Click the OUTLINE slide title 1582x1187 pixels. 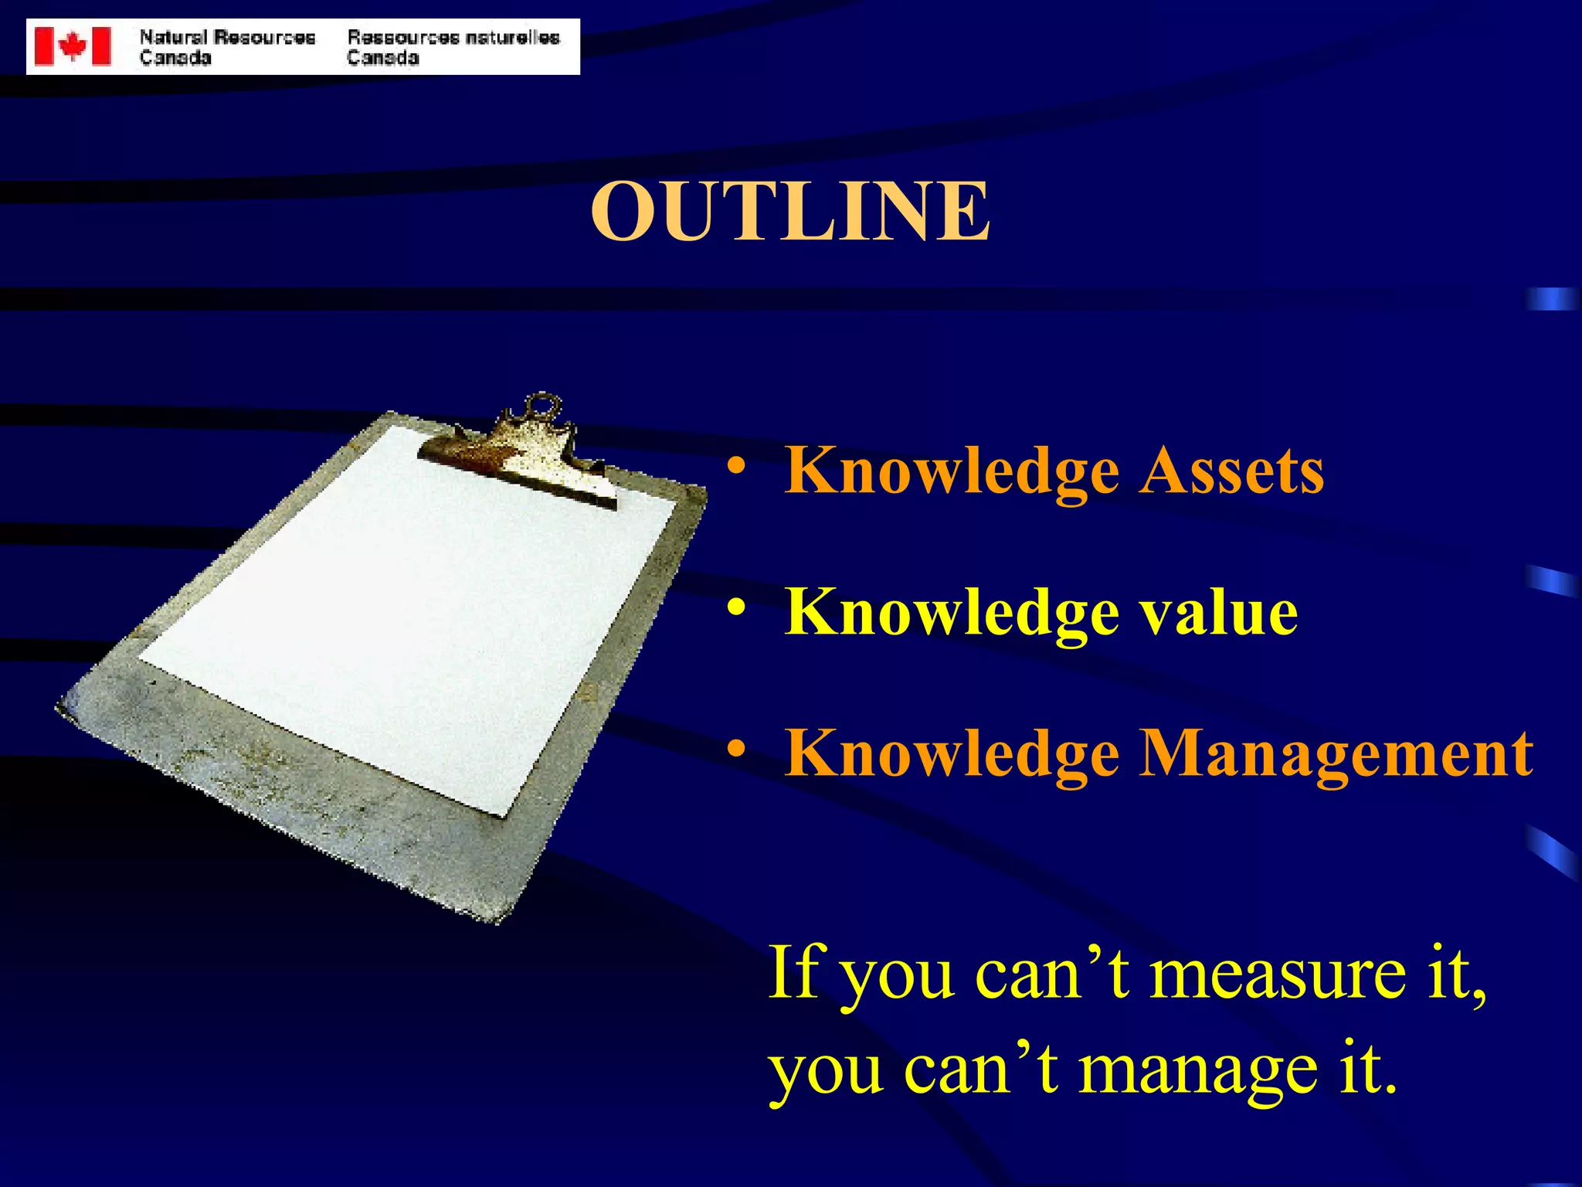tap(789, 211)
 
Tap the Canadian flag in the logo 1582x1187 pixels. tap(73, 46)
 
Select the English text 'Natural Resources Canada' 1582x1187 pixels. tap(227, 47)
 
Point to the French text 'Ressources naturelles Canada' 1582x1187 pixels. tap(453, 47)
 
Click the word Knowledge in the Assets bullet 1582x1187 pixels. tap(952, 473)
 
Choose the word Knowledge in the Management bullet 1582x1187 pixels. tap(952, 754)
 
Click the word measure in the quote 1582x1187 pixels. tap(1278, 974)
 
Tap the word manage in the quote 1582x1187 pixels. tap(1197, 1071)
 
